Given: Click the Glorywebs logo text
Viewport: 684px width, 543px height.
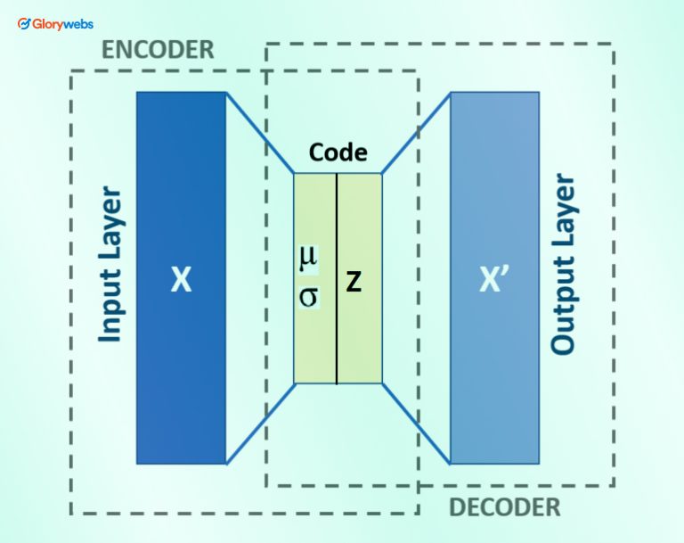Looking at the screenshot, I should coord(61,24).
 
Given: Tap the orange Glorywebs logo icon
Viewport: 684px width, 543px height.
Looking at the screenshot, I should coord(23,24).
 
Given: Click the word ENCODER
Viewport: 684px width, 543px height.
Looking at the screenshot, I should coord(158,49).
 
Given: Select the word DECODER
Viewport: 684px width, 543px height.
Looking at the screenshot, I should coord(504,507).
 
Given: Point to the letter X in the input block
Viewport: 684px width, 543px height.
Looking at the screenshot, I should coord(181,282).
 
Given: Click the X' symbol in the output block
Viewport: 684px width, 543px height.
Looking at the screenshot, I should coord(494,282).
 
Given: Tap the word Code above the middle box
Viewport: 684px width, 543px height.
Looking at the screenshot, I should coord(338,152).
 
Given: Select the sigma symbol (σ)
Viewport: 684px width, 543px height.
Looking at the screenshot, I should coord(308,296).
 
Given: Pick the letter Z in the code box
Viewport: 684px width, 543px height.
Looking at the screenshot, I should coord(354,283).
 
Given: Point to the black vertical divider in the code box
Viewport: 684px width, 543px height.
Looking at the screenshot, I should coord(337,339).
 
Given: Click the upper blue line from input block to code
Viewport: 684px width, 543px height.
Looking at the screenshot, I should coord(260,134).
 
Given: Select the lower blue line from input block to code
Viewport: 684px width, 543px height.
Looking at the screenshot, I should coord(260,424).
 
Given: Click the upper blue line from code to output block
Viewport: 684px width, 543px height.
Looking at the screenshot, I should coord(416,134).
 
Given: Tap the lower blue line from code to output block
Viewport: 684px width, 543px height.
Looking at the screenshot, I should coord(416,424).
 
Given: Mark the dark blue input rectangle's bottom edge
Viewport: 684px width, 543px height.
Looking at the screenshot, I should coord(181,463).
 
